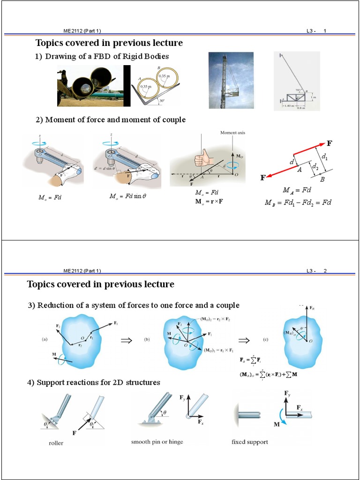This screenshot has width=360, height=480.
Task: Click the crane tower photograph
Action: tap(231, 81)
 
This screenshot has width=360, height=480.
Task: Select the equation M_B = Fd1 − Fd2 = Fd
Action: tap(298, 203)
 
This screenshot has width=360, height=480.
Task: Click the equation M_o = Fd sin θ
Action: tap(127, 197)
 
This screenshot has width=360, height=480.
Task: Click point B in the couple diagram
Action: tap(322, 179)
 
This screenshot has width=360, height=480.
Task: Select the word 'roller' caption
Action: tap(56, 443)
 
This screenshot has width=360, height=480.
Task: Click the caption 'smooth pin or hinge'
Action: tap(157, 442)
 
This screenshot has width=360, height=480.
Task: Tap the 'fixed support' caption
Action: tap(250, 442)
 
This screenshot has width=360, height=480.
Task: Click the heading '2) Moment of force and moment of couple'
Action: tap(111, 120)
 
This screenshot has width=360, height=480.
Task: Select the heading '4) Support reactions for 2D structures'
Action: tap(94, 382)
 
